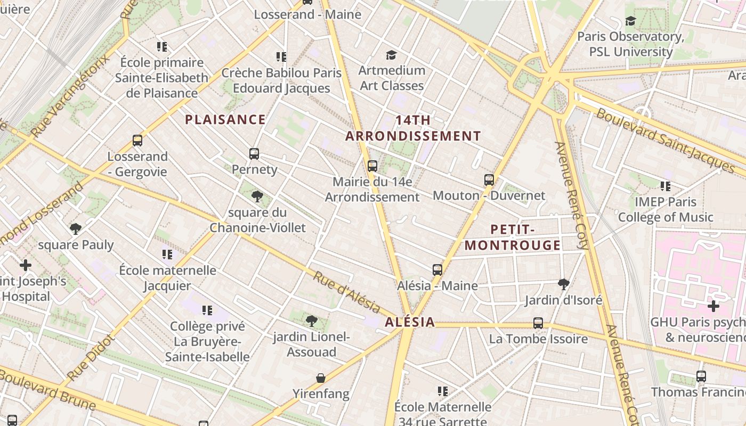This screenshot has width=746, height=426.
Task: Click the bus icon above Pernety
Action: click(x=254, y=154)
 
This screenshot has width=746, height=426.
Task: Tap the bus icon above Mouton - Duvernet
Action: click(x=489, y=180)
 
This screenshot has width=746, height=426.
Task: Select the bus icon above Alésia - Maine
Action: click(x=437, y=270)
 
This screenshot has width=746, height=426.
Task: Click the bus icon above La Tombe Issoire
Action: click(x=538, y=323)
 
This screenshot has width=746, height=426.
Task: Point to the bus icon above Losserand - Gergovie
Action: click(x=137, y=141)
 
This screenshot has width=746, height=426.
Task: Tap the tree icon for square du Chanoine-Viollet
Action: click(x=257, y=196)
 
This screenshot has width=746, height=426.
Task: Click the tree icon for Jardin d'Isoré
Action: click(x=564, y=284)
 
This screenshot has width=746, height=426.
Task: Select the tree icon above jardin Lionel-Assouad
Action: click(x=312, y=321)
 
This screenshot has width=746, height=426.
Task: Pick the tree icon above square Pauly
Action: click(x=76, y=229)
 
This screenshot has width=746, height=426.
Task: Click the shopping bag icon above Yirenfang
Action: click(x=321, y=378)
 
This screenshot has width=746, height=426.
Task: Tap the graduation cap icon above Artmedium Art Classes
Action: click(x=392, y=55)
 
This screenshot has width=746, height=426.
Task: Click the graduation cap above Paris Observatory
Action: click(x=631, y=21)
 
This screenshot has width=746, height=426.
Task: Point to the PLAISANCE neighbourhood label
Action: click(x=225, y=120)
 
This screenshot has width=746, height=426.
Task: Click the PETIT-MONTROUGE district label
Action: click(x=513, y=237)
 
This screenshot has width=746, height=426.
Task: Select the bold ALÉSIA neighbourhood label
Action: click(x=410, y=322)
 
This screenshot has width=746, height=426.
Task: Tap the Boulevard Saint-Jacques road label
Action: click(x=665, y=140)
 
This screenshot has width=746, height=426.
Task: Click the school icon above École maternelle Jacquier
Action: click(x=167, y=255)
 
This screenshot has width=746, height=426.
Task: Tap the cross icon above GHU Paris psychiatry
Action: click(x=713, y=306)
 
